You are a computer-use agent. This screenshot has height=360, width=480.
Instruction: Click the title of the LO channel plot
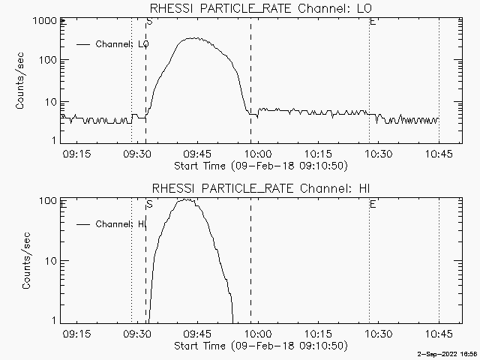[x=261, y=8]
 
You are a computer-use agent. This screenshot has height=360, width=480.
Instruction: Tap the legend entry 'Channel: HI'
[x=120, y=224]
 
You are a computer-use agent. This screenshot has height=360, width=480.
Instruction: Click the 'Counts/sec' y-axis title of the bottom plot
[x=26, y=261]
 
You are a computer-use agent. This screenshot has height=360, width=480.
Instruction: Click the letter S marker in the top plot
[x=149, y=22]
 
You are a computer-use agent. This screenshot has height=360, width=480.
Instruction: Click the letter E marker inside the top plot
[x=373, y=22]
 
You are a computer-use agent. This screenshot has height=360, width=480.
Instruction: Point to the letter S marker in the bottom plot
[x=149, y=203]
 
